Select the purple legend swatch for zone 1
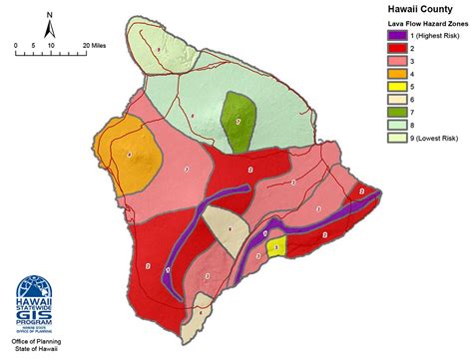click(398, 37)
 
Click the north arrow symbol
click(50, 24)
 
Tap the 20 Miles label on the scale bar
click(94, 46)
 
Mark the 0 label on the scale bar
click(17, 46)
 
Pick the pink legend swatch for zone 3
click(398, 62)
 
